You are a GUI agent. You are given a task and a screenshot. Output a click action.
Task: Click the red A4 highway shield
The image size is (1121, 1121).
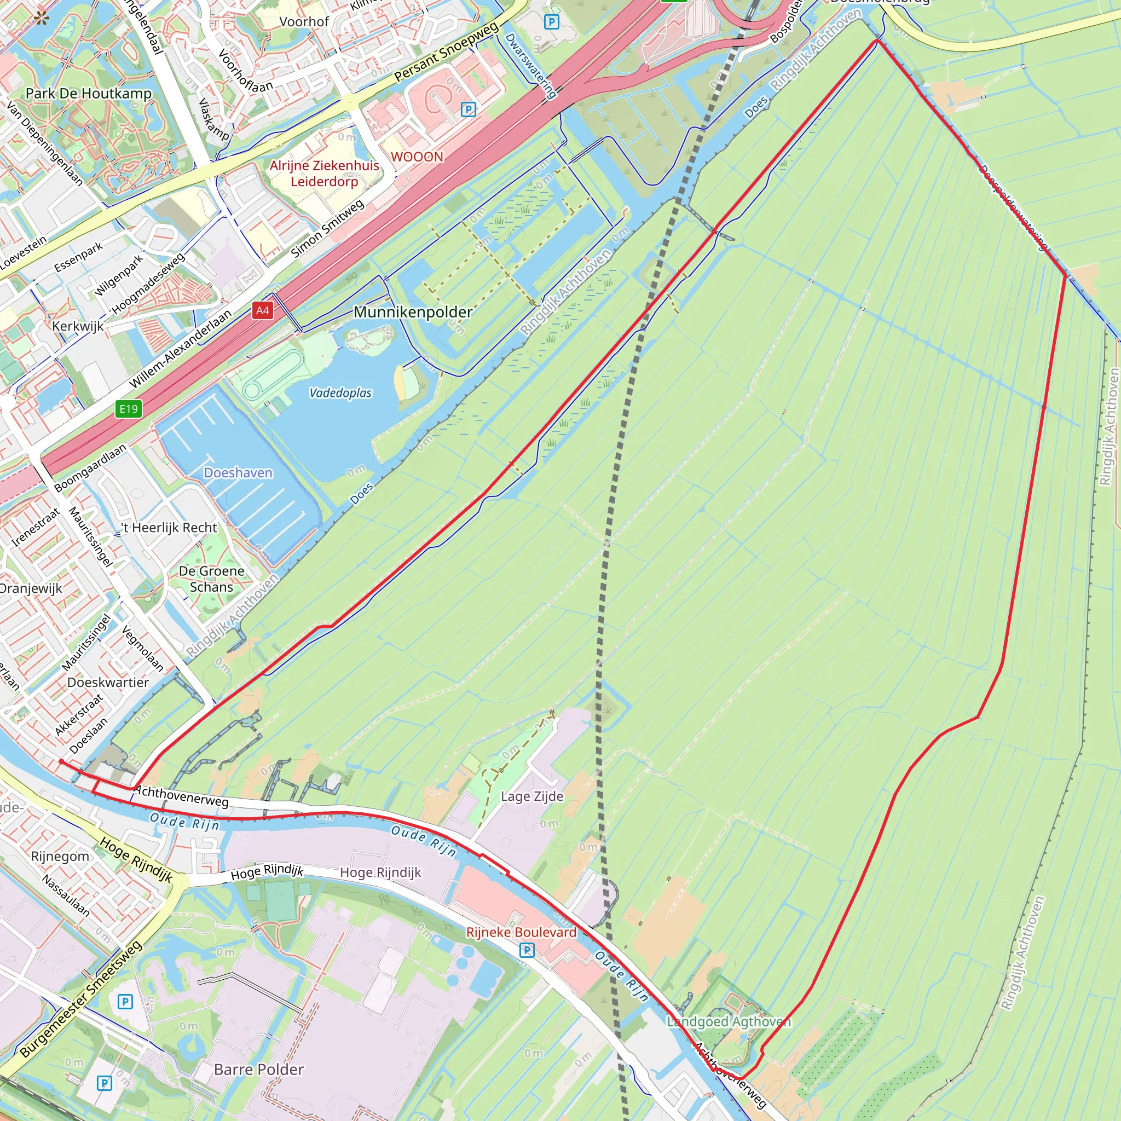[262, 310]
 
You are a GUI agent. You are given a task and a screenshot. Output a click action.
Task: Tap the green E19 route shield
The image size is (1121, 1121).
[128, 408]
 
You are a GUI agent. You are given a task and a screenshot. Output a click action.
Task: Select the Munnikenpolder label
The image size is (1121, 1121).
[413, 312]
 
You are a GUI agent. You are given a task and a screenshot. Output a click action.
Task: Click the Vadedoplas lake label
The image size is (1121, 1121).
[340, 393]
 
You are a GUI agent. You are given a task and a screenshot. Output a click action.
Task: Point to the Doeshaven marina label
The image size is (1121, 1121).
[238, 473]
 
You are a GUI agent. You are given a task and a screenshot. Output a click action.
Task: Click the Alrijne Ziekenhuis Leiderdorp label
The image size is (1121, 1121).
[325, 174]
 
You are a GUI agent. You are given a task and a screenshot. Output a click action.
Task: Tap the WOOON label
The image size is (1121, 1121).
[417, 157]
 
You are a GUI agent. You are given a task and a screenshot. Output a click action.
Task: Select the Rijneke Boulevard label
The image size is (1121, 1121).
[521, 932]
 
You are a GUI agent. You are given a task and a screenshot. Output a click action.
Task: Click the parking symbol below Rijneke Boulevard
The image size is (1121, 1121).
[527, 950]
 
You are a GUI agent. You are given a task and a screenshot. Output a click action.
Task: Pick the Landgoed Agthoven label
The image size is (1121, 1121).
[729, 1022]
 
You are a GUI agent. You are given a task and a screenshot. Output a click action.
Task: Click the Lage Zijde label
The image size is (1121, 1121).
[532, 796]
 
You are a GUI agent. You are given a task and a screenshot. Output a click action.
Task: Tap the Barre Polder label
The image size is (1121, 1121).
[259, 1070]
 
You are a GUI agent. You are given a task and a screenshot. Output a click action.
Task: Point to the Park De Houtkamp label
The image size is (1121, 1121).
[88, 94]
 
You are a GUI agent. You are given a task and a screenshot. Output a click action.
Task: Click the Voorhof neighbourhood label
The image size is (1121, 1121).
[304, 22]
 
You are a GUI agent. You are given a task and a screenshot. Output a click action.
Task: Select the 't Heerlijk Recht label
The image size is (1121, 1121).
[169, 528]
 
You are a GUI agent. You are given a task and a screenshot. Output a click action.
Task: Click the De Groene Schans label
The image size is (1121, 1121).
[211, 579]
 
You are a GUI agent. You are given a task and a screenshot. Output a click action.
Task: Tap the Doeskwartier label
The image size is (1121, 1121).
[108, 683]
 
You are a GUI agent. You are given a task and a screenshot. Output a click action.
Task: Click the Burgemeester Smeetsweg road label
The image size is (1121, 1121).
[81, 999]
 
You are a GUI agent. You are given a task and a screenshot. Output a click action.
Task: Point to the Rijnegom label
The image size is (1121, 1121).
[60, 857]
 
